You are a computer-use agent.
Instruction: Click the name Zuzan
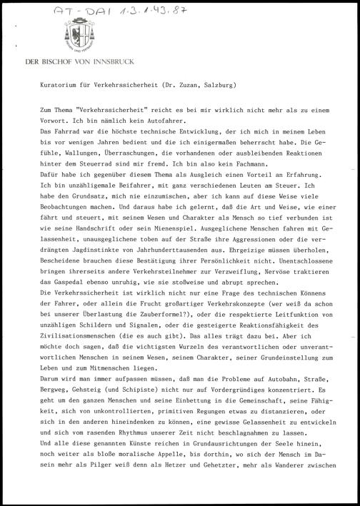184,84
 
